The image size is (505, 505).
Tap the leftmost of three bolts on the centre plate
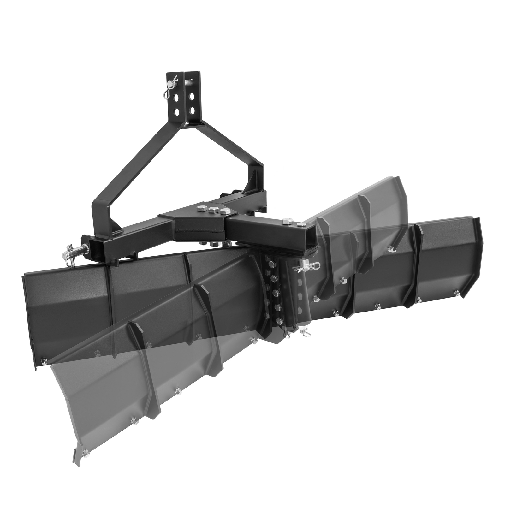tap(200, 208)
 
